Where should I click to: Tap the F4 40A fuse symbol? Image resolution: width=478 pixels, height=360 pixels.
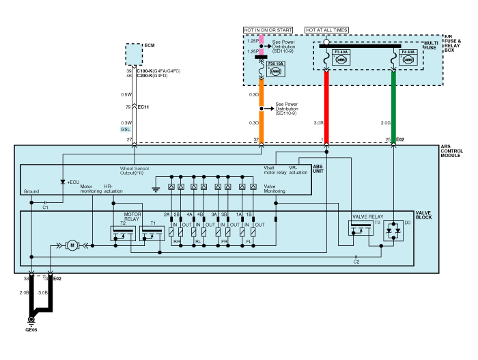tap(409, 59)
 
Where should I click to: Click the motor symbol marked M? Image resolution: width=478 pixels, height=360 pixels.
tap(70, 245)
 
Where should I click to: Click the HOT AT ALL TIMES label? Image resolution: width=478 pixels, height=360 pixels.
tap(326, 30)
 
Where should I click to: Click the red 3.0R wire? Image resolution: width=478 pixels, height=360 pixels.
tap(326, 102)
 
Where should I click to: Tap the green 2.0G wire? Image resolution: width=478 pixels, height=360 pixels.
tap(394, 102)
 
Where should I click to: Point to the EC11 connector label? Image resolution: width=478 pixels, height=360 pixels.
tap(143, 107)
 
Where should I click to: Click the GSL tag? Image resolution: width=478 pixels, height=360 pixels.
tap(126, 130)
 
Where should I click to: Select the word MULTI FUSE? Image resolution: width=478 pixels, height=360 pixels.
tap(430, 46)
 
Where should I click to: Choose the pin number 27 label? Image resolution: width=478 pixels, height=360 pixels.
tap(128, 140)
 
